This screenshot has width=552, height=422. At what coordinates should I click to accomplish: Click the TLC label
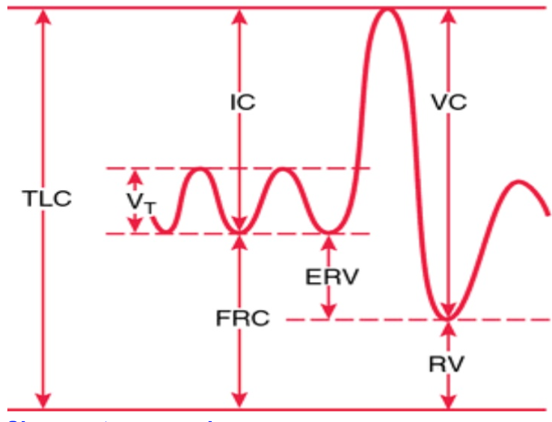coord(47,200)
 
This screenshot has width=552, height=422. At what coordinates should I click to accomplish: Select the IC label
coord(242,102)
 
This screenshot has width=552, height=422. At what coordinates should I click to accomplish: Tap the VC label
coord(449,102)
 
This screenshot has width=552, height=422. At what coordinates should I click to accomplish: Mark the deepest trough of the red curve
coord(448,318)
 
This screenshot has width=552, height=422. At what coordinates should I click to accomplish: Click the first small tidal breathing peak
coord(200,170)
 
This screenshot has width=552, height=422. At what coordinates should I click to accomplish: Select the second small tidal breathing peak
coord(283,170)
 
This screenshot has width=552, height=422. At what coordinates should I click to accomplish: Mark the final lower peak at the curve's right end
coord(517,182)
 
